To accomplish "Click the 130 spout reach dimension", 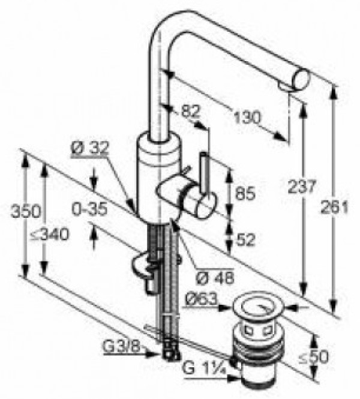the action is coord(247,117).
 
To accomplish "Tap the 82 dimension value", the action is coord(191,111).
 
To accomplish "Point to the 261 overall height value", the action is coord(334,207).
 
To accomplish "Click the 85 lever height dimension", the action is coord(245,193).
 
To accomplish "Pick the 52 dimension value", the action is coord(245,239).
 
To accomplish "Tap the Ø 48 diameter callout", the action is coord(215,277).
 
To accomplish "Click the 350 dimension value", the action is coord(26,211).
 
